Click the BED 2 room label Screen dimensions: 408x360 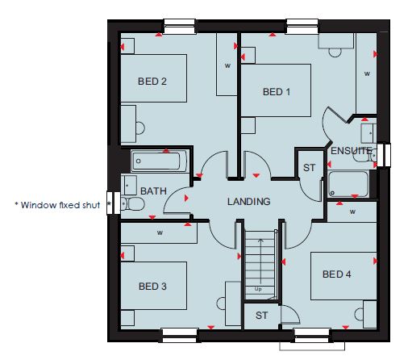[152, 82]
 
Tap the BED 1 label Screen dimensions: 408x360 [277, 92]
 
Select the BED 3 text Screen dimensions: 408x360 [152, 287]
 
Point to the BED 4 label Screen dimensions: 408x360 [336, 274]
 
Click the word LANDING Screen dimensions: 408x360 [248, 202]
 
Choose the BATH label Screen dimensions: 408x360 [153, 191]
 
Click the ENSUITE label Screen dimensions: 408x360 [351, 151]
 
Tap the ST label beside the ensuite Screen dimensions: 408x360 [309, 168]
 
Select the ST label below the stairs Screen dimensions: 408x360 [261, 316]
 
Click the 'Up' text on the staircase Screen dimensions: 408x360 [258, 289]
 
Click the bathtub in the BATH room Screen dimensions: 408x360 [159, 161]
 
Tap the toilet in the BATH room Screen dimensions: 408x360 [133, 203]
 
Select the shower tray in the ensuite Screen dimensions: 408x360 [348, 184]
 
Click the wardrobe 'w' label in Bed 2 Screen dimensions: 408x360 [227, 65]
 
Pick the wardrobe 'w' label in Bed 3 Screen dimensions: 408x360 [160, 232]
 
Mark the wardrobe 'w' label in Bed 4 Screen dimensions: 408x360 [352, 212]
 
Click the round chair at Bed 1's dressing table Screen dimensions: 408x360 [335, 52]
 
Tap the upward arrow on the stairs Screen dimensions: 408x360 [260, 261]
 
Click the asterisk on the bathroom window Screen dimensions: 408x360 [109, 203]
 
